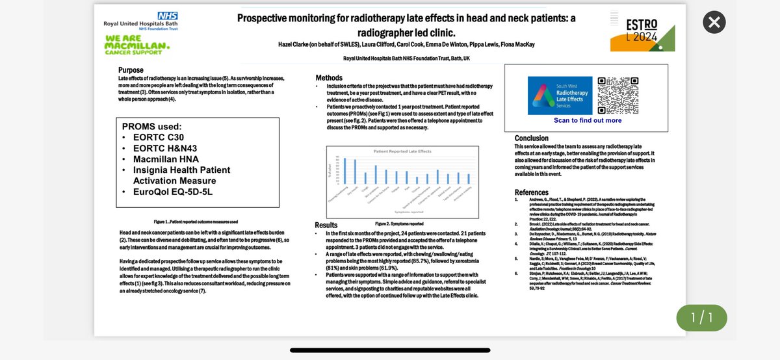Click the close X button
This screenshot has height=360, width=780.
pos(714,23)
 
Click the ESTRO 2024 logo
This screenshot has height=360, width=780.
pos(642,33)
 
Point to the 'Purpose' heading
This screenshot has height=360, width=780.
pos(131,70)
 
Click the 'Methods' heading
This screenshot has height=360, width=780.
pos(329,78)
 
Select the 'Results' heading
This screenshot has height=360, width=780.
pos(326,225)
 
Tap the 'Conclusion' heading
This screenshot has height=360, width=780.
pos(536,138)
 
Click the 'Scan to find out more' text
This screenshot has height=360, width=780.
pos(588,120)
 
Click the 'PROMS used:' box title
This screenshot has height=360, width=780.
pos(152,126)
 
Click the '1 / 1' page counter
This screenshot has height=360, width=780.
pos(701,318)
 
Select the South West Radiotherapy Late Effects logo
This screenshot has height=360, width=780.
pos(560,96)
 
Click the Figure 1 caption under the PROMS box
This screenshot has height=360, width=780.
pos(196,222)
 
